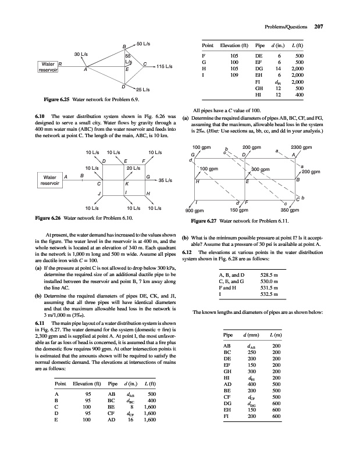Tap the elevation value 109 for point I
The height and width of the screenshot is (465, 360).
[x=234, y=75]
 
